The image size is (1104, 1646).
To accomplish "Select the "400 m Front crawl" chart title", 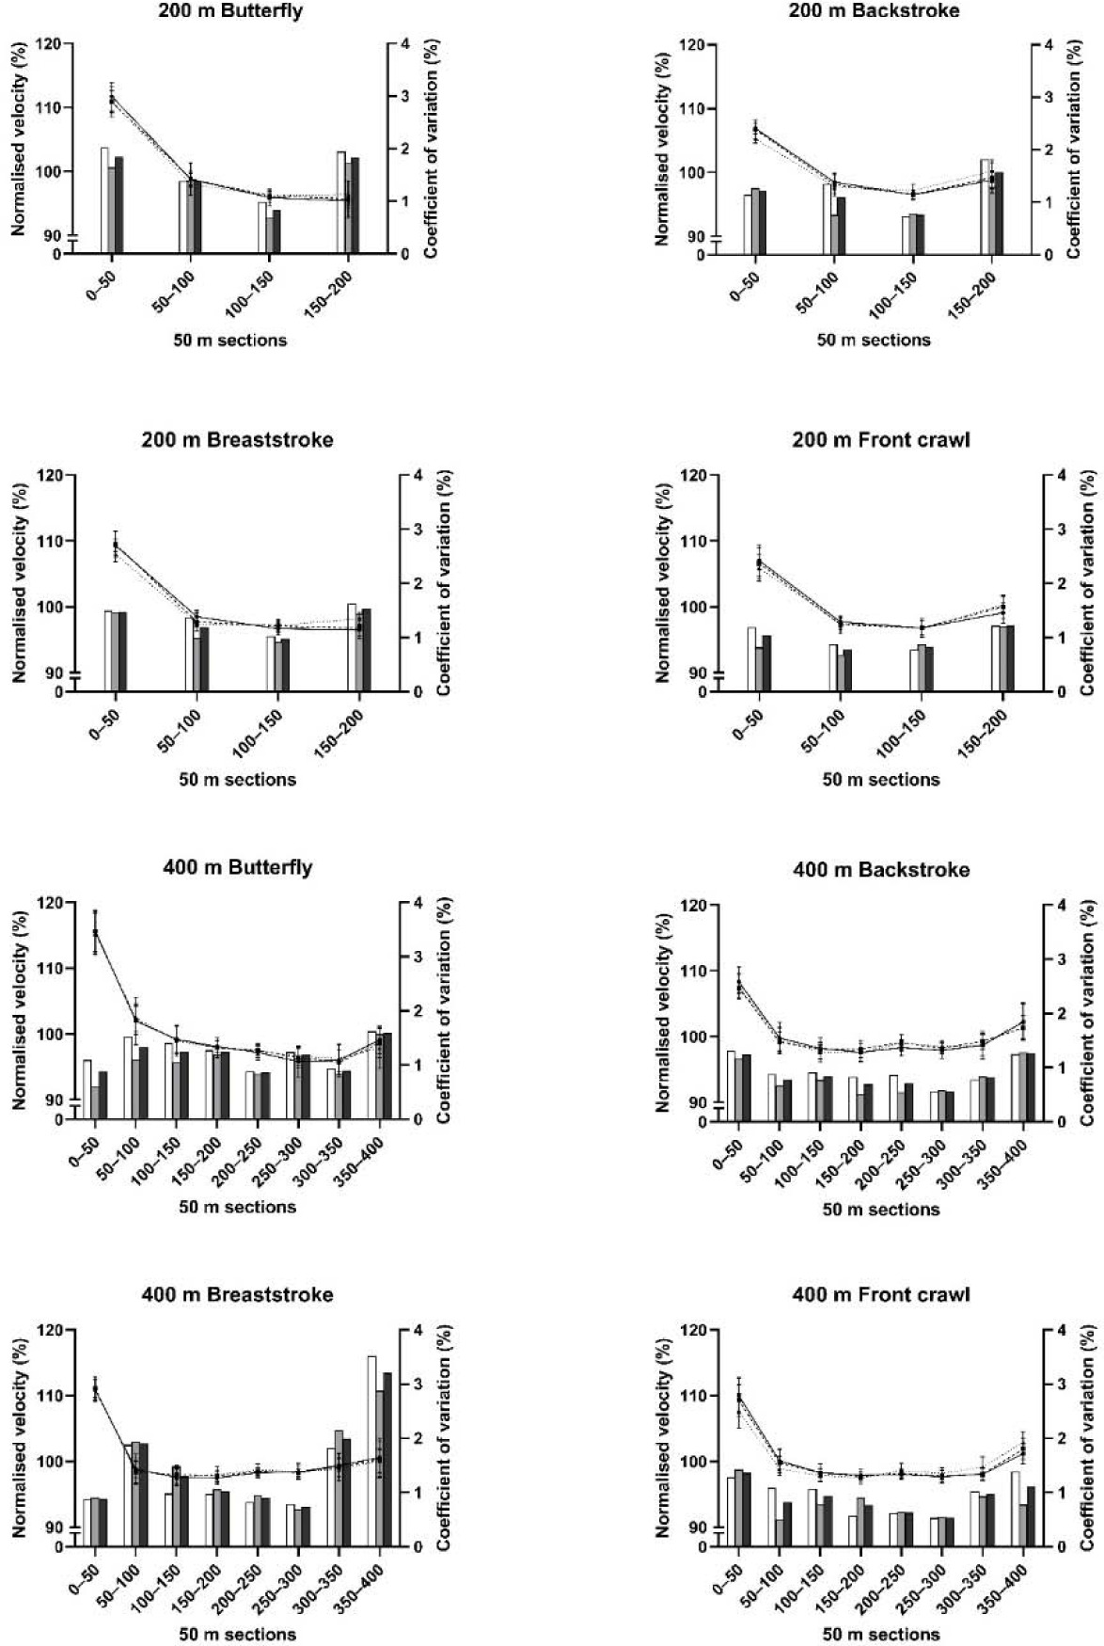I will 880,1295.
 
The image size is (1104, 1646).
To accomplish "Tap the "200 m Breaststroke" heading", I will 237,439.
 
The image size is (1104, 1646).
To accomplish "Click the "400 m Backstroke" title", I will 880,869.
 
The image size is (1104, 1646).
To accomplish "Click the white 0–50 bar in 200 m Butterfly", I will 105,199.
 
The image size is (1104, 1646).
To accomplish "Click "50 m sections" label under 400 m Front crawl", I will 880,1635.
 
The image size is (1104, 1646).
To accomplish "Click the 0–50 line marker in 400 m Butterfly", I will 95,932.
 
